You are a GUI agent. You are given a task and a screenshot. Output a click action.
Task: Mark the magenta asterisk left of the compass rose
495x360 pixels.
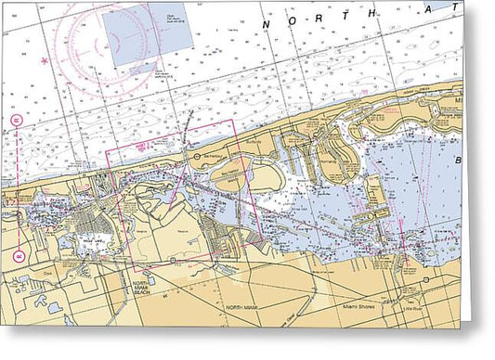click(x=44, y=61)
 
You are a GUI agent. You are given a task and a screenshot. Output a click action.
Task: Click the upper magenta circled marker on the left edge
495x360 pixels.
click(x=16, y=121)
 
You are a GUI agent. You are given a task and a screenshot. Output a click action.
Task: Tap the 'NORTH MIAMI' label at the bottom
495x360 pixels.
click(x=244, y=305)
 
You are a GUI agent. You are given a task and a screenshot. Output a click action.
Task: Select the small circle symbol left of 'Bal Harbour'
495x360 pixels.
click(x=195, y=155)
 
